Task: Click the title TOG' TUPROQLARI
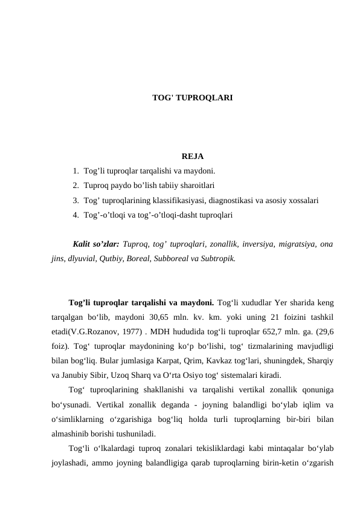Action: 193,97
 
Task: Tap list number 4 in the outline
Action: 75,215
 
